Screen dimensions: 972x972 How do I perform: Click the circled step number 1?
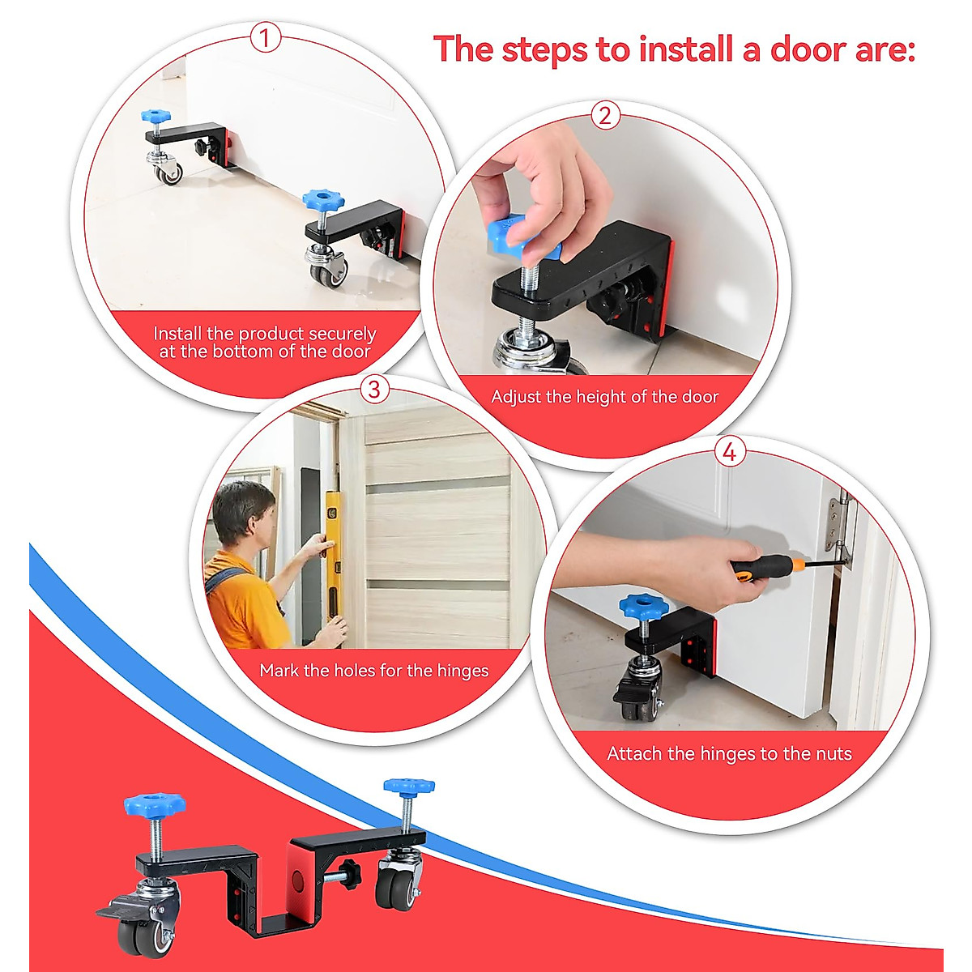click(x=265, y=37)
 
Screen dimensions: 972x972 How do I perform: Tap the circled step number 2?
click(x=605, y=115)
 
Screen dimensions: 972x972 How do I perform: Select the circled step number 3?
click(x=373, y=389)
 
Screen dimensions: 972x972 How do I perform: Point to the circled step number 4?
click(x=729, y=451)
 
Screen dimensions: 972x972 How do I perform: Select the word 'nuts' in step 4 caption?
click(x=833, y=753)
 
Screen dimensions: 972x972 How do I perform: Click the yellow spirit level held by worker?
click(x=331, y=559)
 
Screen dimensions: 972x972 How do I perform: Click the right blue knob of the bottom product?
click(x=408, y=785)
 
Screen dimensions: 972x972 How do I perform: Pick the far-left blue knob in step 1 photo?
click(x=156, y=117)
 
